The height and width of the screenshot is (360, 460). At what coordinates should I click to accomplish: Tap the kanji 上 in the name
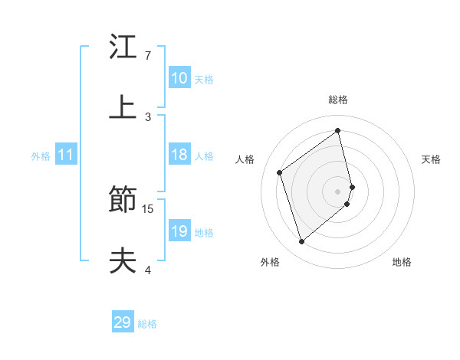click(123, 107)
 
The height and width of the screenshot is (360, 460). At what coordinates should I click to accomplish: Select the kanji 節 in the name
click(123, 201)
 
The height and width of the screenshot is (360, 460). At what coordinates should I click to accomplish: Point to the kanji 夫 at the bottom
click(123, 260)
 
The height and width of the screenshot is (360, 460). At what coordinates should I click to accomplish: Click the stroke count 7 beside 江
click(147, 56)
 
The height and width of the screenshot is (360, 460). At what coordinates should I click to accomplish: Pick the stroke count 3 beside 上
click(147, 117)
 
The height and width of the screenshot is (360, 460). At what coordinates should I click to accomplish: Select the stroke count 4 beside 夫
click(147, 270)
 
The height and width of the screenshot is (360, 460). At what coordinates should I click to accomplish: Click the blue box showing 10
click(179, 78)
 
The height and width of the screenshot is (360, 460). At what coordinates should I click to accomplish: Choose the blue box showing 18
click(179, 155)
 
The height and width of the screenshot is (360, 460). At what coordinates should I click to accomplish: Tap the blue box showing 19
click(179, 231)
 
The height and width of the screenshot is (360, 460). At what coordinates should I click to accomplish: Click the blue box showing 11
click(66, 155)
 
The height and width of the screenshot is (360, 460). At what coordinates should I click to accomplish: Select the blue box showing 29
click(123, 322)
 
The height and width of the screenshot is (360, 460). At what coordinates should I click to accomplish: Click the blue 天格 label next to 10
click(204, 79)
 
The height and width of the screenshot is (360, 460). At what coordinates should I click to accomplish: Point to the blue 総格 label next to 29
click(147, 324)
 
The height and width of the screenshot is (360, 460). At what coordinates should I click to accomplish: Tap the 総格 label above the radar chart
click(338, 100)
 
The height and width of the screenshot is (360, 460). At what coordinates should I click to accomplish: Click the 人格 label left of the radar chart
click(245, 159)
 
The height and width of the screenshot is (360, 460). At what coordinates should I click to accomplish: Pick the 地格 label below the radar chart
click(402, 262)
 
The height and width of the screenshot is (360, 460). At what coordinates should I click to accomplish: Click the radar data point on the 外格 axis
click(301, 242)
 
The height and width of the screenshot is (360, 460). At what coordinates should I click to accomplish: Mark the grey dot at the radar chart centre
click(338, 190)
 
